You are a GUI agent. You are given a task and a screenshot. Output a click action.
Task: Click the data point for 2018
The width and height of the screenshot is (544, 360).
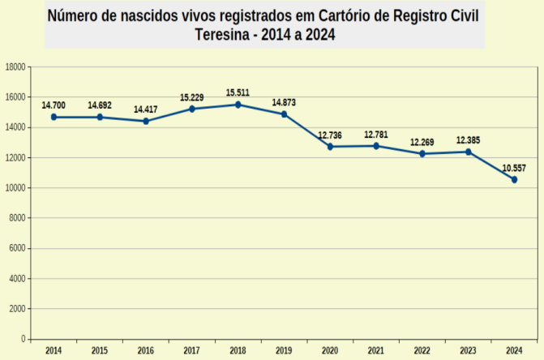point(238,105)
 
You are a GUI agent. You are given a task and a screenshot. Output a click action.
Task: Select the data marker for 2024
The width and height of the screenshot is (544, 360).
point(514,179)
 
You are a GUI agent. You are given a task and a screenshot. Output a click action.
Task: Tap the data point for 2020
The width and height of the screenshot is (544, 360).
point(330,147)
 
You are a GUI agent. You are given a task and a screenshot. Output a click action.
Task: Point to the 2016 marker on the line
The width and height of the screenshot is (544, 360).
point(146,121)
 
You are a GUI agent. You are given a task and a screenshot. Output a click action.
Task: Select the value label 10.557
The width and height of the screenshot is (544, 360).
point(514,168)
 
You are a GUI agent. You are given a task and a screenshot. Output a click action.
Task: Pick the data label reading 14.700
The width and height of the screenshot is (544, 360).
point(54,105)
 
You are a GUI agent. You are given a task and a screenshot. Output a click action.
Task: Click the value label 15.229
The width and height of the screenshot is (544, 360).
point(192,97)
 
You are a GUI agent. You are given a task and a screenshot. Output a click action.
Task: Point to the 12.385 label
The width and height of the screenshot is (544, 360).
point(468,140)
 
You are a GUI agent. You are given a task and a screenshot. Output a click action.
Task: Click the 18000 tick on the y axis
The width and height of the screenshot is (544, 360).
point(15,66)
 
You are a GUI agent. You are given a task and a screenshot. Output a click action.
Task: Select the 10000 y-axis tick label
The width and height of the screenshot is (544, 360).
point(15,188)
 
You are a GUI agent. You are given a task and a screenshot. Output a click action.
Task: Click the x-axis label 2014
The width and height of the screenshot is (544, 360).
point(54,350)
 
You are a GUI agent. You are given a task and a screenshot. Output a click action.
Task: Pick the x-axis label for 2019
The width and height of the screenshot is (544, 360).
point(284,350)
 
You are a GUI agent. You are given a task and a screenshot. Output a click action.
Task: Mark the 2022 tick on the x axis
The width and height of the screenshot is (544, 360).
point(422,350)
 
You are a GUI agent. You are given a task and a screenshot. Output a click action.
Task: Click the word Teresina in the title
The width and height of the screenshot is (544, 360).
point(227,35)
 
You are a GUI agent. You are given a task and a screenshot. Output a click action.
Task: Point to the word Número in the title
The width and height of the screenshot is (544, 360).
point(74,15)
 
